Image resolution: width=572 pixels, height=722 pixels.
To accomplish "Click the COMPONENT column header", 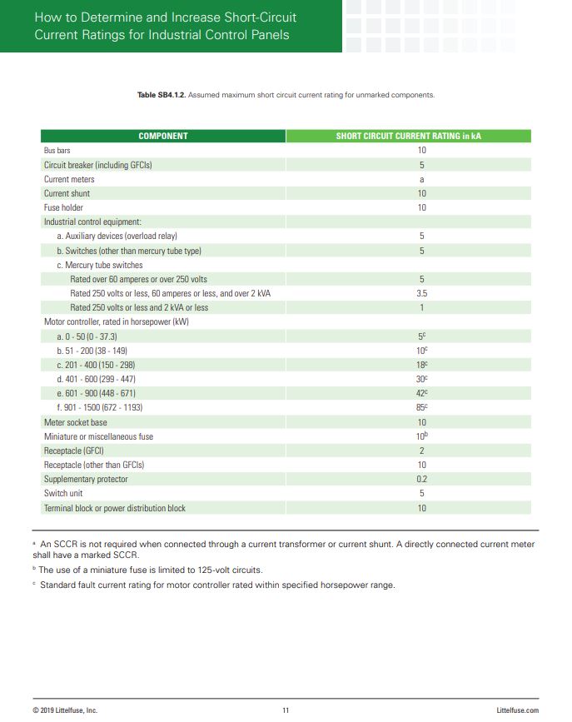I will point(163,136).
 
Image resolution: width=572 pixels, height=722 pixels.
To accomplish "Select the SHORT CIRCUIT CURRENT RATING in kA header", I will point(408,136).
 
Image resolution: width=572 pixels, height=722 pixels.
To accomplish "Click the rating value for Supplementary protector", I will point(421,480).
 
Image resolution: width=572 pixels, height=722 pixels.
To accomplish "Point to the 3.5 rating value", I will point(421,294).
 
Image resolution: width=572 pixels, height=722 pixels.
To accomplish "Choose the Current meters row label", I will point(69,179).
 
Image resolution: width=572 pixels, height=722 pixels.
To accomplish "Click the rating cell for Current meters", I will point(421,179).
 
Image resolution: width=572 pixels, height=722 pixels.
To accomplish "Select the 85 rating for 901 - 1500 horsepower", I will point(421,408).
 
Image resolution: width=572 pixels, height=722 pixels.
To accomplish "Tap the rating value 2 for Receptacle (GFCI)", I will point(421,451).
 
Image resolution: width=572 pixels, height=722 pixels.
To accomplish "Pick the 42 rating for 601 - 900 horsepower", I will point(421,393).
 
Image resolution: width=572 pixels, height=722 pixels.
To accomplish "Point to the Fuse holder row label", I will point(63,207).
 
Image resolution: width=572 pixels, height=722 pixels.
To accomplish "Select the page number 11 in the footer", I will point(286,710).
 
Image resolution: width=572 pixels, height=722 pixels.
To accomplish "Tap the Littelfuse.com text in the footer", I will point(517,710).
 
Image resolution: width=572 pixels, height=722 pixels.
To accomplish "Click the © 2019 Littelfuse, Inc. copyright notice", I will point(65,710).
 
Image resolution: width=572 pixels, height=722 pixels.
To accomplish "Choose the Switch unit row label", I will point(63,494).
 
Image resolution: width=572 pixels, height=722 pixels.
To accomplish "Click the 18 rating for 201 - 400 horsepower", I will point(421,365).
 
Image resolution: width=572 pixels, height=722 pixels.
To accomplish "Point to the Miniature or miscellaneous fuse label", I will point(98,436).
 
